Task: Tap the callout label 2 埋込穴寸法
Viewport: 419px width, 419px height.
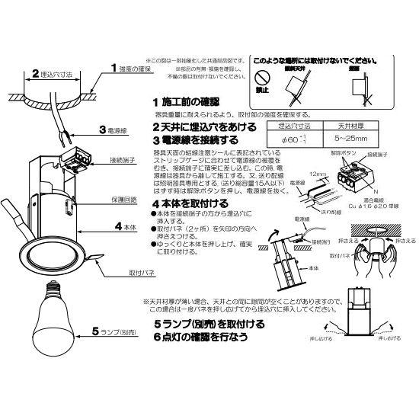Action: [52, 75]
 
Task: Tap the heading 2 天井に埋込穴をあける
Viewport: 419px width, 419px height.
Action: [205, 126]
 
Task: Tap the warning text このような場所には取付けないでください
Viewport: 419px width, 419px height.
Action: [326, 59]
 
